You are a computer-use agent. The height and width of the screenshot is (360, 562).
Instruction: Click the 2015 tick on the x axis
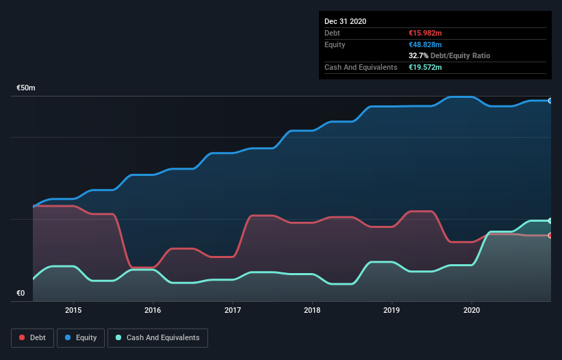pyautogui.click(x=73, y=310)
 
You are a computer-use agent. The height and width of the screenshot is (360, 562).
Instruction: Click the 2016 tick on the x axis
pyautogui.click(x=153, y=310)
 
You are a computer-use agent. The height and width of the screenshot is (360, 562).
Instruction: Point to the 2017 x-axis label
pyautogui.click(x=233, y=310)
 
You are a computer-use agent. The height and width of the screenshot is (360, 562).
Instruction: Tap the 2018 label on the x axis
pyautogui.click(x=312, y=310)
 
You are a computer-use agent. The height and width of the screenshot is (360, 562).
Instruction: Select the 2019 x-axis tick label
pyautogui.click(x=392, y=310)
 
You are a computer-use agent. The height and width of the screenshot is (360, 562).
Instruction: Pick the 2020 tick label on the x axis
pyautogui.click(x=472, y=310)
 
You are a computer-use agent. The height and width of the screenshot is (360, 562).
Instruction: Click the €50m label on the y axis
pyautogui.click(x=26, y=88)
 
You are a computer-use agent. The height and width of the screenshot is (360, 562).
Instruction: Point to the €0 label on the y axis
pyautogui.click(x=21, y=294)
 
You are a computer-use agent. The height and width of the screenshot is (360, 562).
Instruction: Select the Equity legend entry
pyautogui.click(x=81, y=337)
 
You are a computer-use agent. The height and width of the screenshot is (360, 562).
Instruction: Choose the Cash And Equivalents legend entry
pyautogui.click(x=158, y=337)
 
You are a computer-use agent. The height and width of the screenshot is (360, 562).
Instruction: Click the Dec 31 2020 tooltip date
pyautogui.click(x=345, y=21)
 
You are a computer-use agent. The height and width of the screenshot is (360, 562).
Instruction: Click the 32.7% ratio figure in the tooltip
pyautogui.click(x=418, y=55)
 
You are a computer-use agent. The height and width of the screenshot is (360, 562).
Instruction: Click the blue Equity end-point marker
pyautogui.click(x=550, y=101)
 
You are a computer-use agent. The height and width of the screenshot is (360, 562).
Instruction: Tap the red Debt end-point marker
pyautogui.click(x=550, y=235)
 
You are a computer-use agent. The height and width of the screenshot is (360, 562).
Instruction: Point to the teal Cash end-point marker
pyautogui.click(x=550, y=220)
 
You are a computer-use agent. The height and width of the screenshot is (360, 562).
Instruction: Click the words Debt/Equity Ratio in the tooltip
pyautogui.click(x=461, y=55)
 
